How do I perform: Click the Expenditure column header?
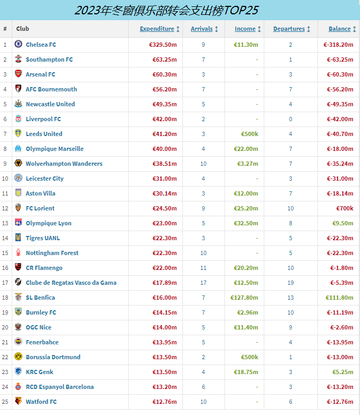[x=157, y=29]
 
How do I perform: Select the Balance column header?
[x=339, y=29]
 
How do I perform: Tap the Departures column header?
[x=289, y=29]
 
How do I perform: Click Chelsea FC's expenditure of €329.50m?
[x=163, y=45]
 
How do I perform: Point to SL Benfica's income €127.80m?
[x=244, y=298]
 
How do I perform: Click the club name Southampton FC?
[x=49, y=60]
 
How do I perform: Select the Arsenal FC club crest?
[x=18, y=74]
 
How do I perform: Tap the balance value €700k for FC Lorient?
[x=345, y=208]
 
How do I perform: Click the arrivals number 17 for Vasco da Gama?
[x=203, y=283]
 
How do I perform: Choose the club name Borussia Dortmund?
[x=53, y=357]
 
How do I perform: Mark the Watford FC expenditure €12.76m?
[x=164, y=402]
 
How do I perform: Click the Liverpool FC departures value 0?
[x=290, y=119]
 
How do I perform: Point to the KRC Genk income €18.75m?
[x=246, y=372]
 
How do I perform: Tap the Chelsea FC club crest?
[x=18, y=45]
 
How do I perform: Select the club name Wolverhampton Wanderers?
[x=64, y=164]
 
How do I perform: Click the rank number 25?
[x=5, y=402]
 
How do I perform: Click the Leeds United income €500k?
[x=249, y=134]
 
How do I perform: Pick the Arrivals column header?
[x=202, y=29]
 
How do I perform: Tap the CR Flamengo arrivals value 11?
[x=203, y=268]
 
